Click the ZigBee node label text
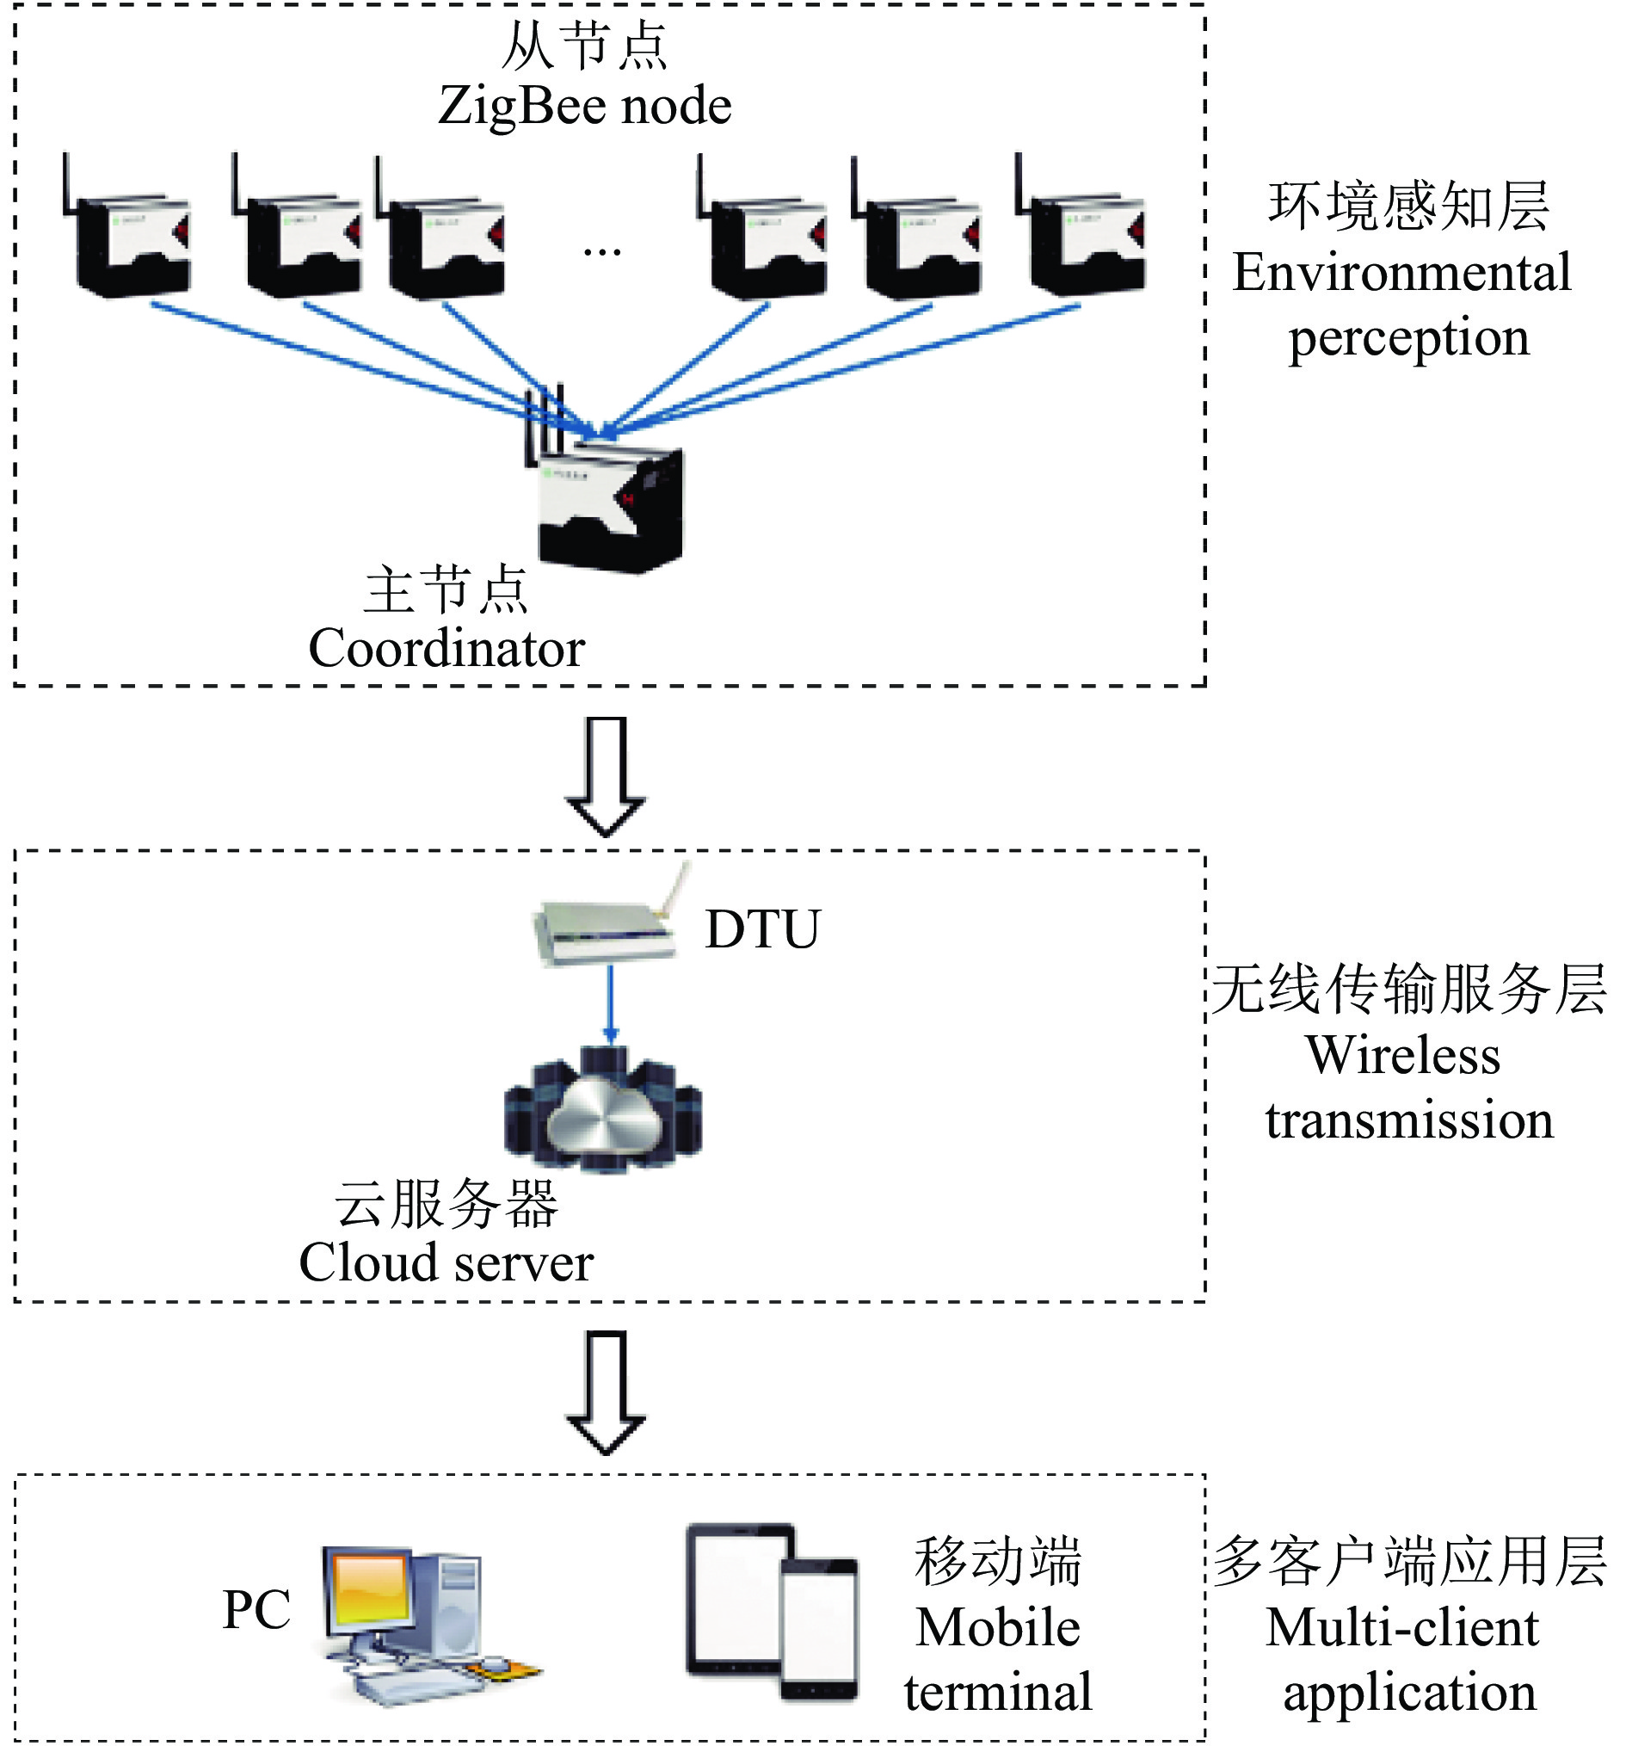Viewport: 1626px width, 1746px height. click(x=584, y=105)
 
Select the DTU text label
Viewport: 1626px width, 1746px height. click(x=762, y=929)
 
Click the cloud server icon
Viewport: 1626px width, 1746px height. click(x=603, y=1108)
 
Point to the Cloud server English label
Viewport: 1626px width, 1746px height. click(x=446, y=1262)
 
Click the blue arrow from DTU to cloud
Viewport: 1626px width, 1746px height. click(x=611, y=1006)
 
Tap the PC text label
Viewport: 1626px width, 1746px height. click(x=256, y=1609)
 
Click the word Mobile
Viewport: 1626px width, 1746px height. click(x=998, y=1627)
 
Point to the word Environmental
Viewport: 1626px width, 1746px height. click(x=1401, y=272)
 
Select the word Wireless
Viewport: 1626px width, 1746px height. click(x=1403, y=1055)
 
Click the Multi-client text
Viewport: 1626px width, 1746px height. click(x=1402, y=1627)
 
